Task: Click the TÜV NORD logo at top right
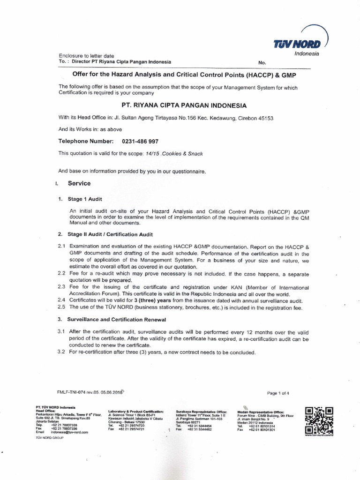299,44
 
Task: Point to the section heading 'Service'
79,183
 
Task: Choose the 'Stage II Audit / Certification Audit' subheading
110,234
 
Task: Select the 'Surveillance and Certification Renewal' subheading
116,319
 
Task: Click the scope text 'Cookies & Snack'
182,153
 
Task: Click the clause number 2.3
61,287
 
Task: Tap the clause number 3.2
61,352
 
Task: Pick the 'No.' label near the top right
262,62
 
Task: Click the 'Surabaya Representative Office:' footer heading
201,411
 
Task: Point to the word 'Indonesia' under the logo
307,53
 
